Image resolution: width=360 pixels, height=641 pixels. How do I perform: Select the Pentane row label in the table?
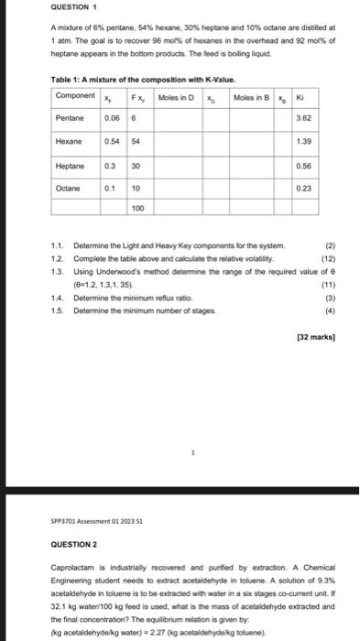[x=71, y=118]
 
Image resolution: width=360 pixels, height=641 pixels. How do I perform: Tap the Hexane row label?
[x=71, y=142]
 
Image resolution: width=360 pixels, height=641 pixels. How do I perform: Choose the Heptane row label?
[x=71, y=166]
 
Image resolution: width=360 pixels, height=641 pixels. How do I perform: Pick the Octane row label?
[x=71, y=190]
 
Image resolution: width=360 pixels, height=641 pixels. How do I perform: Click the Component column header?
[x=75, y=96]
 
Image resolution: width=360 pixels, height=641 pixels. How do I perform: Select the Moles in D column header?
[x=176, y=96]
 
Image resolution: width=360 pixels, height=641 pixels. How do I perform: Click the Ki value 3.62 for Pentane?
[x=303, y=118]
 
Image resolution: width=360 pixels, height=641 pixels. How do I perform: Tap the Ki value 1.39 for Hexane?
[x=303, y=142]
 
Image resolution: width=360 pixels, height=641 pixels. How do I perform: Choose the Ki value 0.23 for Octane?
[x=303, y=190]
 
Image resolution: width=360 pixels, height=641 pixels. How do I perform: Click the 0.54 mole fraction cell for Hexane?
[x=110, y=142]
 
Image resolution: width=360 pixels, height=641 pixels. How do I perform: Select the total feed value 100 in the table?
[x=137, y=209]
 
